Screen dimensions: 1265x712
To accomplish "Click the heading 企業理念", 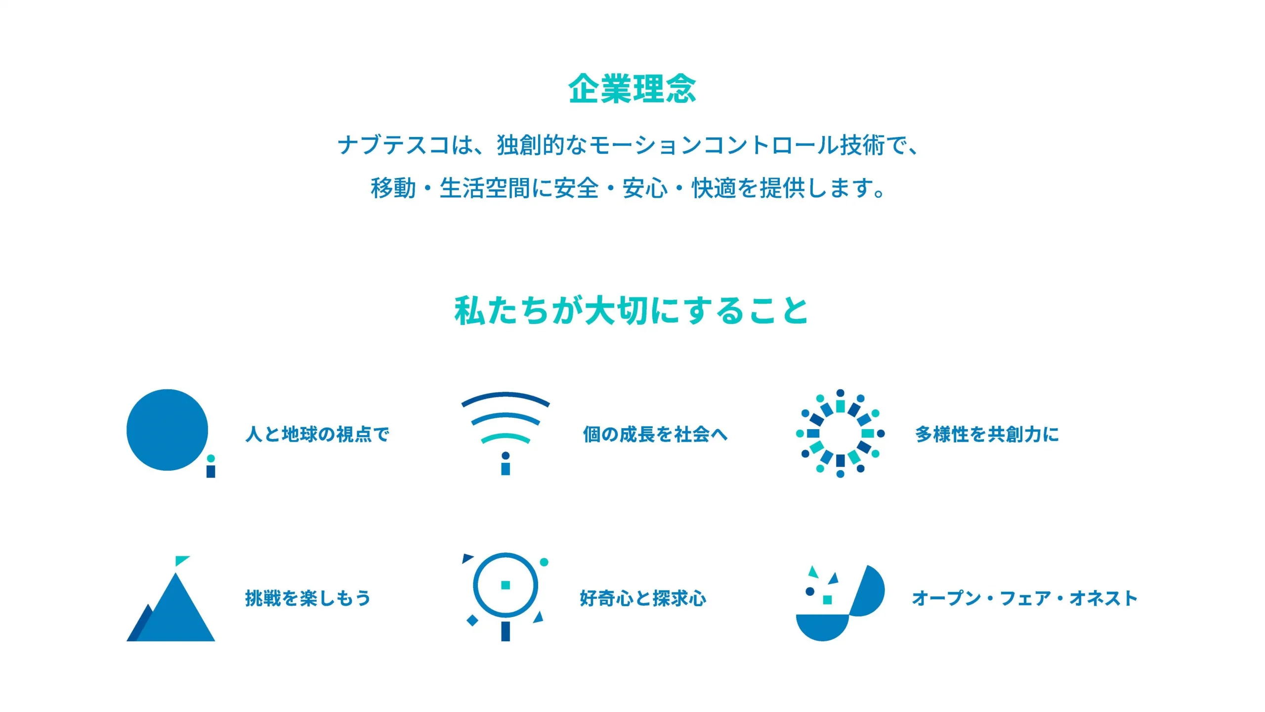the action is tap(632, 89).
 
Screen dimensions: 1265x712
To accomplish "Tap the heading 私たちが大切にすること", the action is tap(631, 311).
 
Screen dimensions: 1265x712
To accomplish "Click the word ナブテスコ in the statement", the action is tap(393, 145).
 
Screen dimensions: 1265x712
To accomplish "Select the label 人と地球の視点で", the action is tap(317, 434).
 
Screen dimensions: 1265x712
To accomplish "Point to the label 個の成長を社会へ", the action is tap(655, 434).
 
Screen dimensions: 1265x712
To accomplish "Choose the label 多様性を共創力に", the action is tap(987, 434).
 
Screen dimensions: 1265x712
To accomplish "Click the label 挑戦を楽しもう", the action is tap(307, 598).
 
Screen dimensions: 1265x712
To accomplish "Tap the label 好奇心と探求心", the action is tap(643, 598).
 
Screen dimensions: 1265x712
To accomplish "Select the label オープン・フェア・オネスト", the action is tap(1024, 598).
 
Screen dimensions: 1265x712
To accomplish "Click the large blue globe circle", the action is tap(167, 430).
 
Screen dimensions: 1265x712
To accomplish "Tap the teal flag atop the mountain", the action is tap(182, 561).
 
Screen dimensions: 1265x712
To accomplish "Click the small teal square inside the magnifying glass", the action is tap(506, 585).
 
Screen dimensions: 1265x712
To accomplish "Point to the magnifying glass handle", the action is tap(506, 631).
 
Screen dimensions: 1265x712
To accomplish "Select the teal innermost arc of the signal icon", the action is tap(506, 437).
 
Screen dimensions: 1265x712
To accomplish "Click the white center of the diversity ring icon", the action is tap(840, 434).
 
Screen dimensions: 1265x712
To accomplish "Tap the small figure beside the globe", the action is tap(211, 466).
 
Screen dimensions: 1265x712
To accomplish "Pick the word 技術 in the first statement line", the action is tap(862, 145).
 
